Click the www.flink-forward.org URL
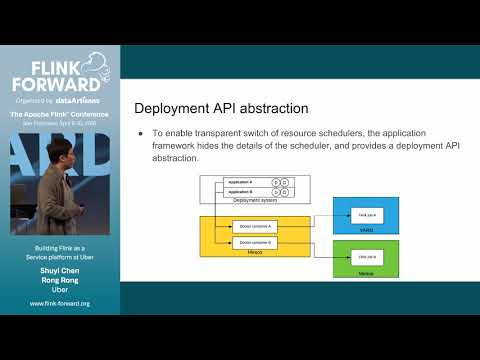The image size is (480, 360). (x=60, y=303)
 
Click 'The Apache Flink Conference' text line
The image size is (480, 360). (x=60, y=115)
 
